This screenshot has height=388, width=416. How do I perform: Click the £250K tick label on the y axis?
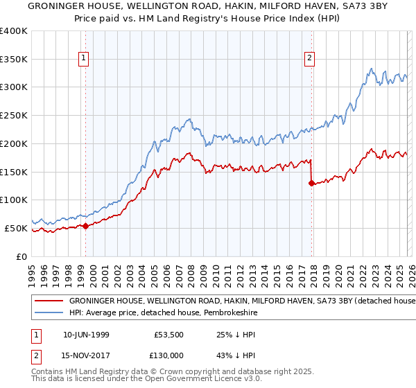coord(14,116)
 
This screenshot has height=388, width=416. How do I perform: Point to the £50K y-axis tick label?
coord(16,228)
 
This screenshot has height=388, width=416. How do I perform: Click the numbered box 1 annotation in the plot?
coord(84,59)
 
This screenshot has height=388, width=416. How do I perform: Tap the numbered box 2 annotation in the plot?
coord(309,59)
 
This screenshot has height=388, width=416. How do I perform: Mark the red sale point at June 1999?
coord(85,226)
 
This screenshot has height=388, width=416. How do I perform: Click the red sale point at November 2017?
coord(311,183)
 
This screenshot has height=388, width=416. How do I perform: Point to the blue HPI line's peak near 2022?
coord(372,69)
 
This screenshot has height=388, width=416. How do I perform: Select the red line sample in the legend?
coord(49,301)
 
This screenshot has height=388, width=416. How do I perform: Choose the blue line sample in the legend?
coord(49,313)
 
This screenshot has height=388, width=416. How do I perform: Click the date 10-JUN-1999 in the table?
coord(87,333)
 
